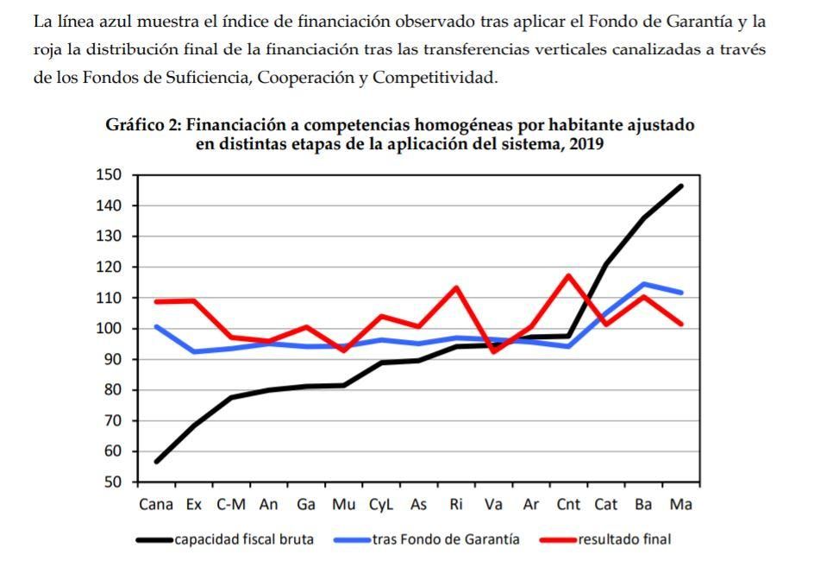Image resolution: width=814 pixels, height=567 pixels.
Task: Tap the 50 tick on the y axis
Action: (x=113, y=482)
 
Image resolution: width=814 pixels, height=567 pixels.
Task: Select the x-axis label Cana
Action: (x=156, y=505)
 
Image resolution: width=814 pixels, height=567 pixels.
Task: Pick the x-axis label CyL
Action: (x=381, y=505)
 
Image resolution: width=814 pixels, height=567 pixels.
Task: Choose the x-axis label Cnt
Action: (x=568, y=505)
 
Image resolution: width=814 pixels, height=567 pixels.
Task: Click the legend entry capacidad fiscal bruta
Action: (x=243, y=539)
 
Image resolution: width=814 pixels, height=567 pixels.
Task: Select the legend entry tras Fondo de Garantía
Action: (x=446, y=539)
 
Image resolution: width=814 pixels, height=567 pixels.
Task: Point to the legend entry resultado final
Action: (x=623, y=539)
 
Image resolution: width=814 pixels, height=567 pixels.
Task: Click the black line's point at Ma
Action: (x=681, y=186)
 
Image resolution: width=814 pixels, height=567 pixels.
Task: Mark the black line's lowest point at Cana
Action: (x=156, y=462)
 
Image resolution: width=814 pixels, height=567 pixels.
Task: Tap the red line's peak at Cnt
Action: (x=568, y=276)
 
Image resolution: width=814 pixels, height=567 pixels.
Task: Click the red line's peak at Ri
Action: (x=455, y=287)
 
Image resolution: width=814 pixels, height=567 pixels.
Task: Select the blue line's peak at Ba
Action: (x=643, y=284)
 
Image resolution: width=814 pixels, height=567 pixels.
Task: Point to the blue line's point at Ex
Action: (x=194, y=351)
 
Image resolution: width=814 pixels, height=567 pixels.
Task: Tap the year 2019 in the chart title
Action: (x=584, y=144)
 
